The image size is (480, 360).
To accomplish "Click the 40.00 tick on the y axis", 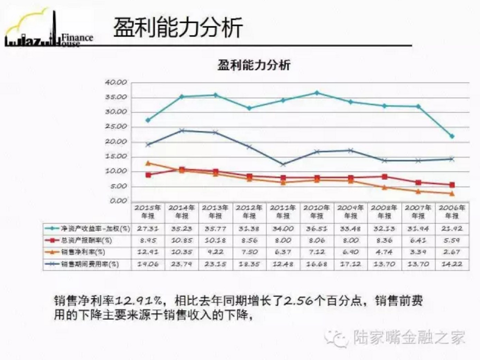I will click(116, 83).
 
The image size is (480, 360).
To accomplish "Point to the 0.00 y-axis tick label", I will click(119, 201).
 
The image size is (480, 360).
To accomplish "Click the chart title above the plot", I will click(254, 65).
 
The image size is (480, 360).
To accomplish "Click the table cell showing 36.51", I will click(316, 229).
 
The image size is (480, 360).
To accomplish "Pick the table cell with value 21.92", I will click(452, 229).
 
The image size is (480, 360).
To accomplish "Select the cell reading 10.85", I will click(182, 240).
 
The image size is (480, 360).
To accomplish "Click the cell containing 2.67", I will click(452, 252).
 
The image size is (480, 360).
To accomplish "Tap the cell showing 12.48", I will click(283, 264).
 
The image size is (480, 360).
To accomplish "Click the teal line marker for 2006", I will click(452, 136).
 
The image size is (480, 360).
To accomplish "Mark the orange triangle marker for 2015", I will click(148, 163).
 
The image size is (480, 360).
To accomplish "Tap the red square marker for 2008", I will click(384, 177).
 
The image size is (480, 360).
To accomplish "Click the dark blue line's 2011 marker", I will click(283, 164).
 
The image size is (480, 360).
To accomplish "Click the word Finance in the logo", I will click(77, 38).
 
